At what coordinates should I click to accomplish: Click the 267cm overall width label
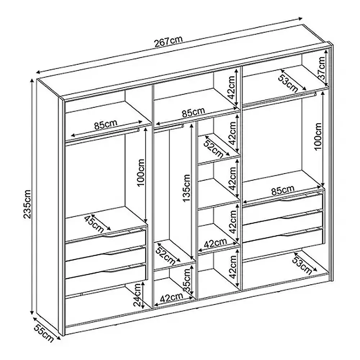point(168,41)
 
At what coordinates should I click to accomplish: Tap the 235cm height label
point(27,204)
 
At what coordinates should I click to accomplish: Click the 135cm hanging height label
point(186,188)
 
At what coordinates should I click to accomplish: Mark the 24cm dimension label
point(138,295)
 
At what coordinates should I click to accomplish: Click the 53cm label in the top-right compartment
point(288,82)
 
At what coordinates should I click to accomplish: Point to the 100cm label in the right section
point(318,136)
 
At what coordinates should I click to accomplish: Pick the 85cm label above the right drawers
point(283,190)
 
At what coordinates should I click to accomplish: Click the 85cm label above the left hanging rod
point(105,124)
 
